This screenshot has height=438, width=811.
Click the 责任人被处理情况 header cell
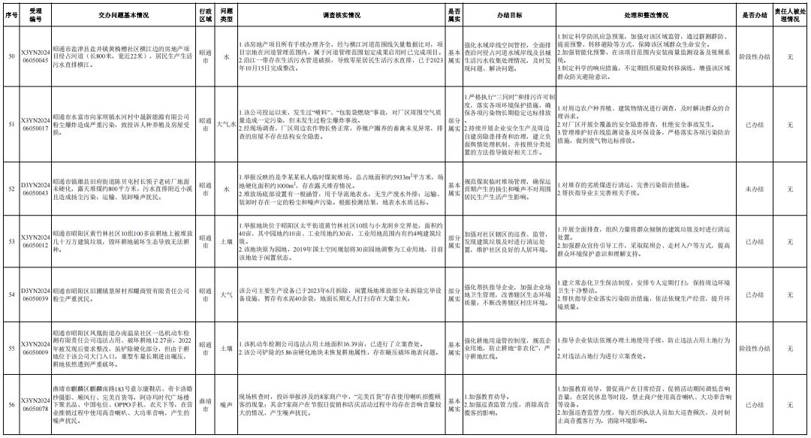[790, 14]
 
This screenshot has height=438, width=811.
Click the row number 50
[11, 57]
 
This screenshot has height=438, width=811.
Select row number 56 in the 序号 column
[11, 405]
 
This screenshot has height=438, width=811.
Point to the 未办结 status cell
[754, 189]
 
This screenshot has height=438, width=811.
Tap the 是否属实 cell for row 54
[454, 295]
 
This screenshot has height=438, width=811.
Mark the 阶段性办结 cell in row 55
[754, 349]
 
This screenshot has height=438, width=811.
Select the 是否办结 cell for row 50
[754, 57]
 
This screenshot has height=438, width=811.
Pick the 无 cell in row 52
[790, 189]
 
